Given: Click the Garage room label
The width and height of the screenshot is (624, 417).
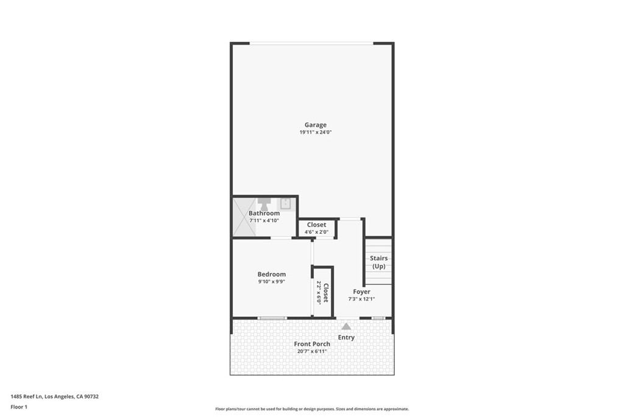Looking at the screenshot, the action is [x=316, y=125].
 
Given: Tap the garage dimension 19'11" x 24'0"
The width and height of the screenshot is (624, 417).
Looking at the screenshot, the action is [x=316, y=132].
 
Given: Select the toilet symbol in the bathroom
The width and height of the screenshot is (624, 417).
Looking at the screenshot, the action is [x=264, y=204].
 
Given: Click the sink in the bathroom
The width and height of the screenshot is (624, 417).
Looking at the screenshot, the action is [x=285, y=204].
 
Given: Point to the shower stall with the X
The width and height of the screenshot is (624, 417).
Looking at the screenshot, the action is [x=244, y=217].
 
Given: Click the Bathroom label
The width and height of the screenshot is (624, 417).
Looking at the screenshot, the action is [x=264, y=213].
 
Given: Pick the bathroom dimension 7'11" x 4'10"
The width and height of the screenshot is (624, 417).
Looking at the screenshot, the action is [x=264, y=220].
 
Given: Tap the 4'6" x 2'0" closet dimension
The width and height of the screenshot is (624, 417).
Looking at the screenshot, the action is [x=316, y=232].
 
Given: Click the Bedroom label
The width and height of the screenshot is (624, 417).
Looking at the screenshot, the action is [x=271, y=274].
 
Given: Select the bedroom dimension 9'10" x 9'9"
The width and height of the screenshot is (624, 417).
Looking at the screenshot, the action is [x=271, y=281].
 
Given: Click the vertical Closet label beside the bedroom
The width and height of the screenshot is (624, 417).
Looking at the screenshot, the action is [x=325, y=292].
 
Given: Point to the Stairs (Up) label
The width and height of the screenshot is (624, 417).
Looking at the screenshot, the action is [x=378, y=263].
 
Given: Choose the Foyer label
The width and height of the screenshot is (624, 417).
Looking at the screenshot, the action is [x=361, y=292].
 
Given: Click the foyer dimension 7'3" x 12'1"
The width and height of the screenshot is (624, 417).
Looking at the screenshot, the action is [x=361, y=299].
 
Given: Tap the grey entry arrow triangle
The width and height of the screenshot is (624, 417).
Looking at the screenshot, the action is [x=346, y=327].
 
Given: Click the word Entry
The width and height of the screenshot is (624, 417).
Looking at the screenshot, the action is [x=346, y=337].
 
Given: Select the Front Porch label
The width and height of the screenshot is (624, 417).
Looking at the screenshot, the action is [x=312, y=344].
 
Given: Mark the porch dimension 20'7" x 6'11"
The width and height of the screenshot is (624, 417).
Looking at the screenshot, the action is [x=312, y=351].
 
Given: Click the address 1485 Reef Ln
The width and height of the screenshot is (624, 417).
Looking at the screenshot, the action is [x=26, y=396].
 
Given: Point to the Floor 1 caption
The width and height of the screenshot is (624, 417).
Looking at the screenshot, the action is [x=19, y=407].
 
